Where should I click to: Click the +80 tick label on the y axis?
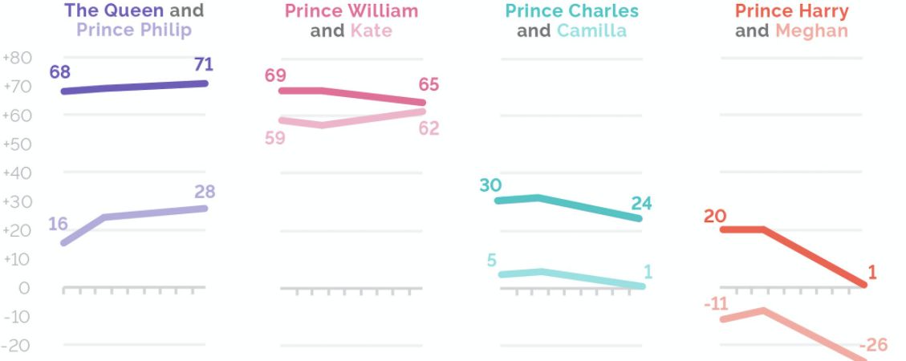pyautogui.click(x=17, y=58)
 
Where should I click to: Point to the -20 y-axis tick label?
pyautogui.click(x=17, y=346)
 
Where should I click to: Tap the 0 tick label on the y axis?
pyautogui.click(x=25, y=288)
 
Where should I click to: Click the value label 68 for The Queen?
pyautogui.click(x=59, y=73)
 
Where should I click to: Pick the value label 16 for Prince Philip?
pyautogui.click(x=58, y=224)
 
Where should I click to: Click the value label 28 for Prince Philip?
pyautogui.click(x=205, y=192)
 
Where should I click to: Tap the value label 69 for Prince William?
pyautogui.click(x=275, y=76)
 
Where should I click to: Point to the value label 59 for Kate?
pyautogui.click(x=275, y=137)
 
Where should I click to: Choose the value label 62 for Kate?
pyautogui.click(x=429, y=128)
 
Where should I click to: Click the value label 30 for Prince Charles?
pyautogui.click(x=490, y=185)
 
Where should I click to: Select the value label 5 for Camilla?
pyautogui.click(x=491, y=259)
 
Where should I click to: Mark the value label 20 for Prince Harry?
pyautogui.click(x=714, y=216)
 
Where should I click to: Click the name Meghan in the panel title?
pyautogui.click(x=811, y=31)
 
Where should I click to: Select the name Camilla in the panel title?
pyautogui.click(x=592, y=31)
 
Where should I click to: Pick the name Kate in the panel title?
pyautogui.click(x=371, y=31)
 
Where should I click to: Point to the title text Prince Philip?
pyautogui.click(x=134, y=31)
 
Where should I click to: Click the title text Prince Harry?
pyautogui.click(x=791, y=11)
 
